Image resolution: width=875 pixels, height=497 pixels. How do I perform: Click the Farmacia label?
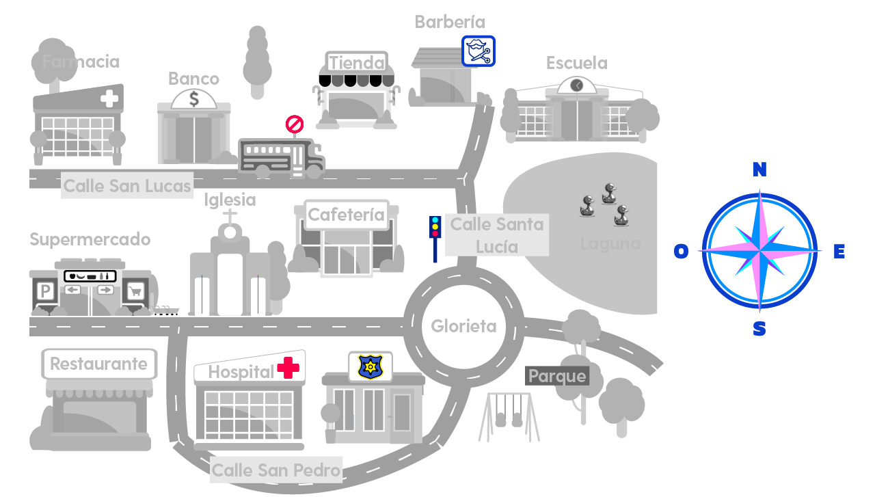pos(81,62)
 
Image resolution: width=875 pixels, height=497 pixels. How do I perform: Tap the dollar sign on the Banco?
pos(194,99)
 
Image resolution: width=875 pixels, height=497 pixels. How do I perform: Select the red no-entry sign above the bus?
pos(294,124)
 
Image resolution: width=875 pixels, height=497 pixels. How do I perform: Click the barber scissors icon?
pos(479,51)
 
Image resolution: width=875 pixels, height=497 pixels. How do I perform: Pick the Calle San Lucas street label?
pos(127,186)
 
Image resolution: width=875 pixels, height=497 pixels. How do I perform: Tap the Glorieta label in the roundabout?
pos(463,327)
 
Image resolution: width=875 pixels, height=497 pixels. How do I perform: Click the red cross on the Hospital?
pos(288,368)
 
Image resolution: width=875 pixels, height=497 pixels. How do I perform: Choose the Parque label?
pos(557,376)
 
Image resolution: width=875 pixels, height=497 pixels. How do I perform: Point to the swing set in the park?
pos(509,417)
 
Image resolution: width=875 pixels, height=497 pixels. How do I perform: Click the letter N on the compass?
pos(759,170)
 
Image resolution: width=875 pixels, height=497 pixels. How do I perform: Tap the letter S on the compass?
pos(759,330)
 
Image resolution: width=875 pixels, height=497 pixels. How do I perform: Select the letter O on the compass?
pos(681,252)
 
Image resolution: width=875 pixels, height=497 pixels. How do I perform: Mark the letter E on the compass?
pos(839,252)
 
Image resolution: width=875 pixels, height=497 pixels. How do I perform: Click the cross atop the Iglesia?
pos(230,215)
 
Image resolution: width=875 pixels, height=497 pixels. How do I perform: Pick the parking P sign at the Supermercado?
pos(45,292)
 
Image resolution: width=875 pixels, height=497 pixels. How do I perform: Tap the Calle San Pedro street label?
pos(276,470)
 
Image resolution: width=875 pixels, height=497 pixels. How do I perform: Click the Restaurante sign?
pos(99,364)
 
